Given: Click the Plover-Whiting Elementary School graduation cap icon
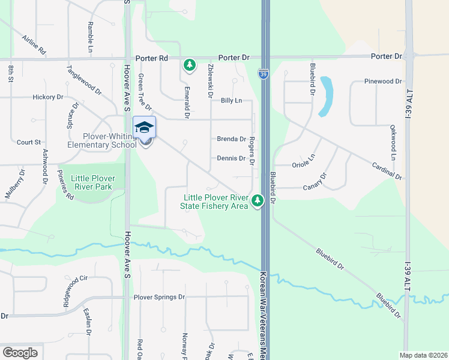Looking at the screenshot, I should pyautogui.click(x=144, y=127).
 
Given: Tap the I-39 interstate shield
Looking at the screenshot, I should pyautogui.click(x=264, y=73).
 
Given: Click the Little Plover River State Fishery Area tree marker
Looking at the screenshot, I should pyautogui.click(x=258, y=200).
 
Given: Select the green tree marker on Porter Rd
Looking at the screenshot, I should pyautogui.click(x=190, y=64).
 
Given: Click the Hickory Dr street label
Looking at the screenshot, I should pyautogui.click(x=48, y=97).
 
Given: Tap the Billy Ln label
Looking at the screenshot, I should pyautogui.click(x=231, y=101).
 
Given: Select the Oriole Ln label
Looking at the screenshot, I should pyautogui.click(x=303, y=162).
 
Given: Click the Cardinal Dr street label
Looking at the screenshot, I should pyautogui.click(x=387, y=170).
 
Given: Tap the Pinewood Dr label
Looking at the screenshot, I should pyautogui.click(x=382, y=81).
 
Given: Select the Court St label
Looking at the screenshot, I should pyautogui.click(x=29, y=142).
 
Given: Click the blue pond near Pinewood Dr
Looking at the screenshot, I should pyautogui.click(x=327, y=96).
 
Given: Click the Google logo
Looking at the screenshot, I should pyautogui.click(x=20, y=353).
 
